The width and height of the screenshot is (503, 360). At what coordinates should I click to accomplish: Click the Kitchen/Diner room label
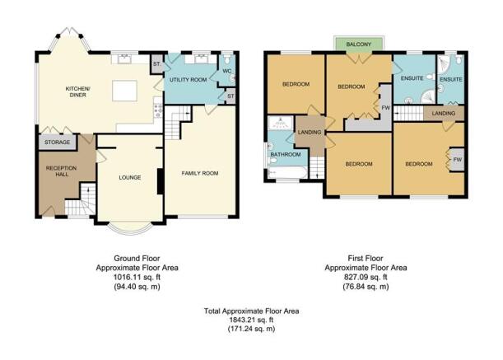pos(78,91)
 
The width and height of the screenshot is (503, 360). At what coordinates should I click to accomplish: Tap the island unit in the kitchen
pos(124,91)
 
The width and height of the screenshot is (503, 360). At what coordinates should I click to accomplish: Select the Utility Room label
pos(189,80)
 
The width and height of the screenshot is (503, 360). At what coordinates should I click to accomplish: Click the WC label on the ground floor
pos(226,71)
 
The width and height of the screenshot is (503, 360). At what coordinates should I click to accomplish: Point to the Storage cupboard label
pos(57,142)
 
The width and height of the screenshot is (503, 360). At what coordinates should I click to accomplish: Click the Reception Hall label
pos(61,171)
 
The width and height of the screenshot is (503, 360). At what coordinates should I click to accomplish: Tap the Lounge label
pos(130,177)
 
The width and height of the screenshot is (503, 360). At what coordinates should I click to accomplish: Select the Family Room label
pos(200,173)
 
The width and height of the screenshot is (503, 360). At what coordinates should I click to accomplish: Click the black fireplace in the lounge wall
pos(160,181)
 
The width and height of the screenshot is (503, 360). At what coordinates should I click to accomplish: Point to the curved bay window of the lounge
pos(129,232)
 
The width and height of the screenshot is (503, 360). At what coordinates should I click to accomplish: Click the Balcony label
pos(359,44)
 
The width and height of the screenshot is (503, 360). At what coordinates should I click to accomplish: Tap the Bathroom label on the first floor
pos(286,155)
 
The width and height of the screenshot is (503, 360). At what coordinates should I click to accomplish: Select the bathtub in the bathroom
pos(288,172)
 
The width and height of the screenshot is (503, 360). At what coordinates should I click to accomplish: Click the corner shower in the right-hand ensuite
pos(445,64)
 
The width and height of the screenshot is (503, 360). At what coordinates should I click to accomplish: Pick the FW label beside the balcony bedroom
pos(385,108)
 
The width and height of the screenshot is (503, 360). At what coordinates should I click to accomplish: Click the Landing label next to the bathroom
pos(310,132)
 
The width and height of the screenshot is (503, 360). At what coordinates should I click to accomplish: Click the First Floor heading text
pos(366,258)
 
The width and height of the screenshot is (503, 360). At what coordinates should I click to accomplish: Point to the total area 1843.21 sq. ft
pos(252,320)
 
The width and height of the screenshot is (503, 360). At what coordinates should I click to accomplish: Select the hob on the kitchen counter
pos(158,109)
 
